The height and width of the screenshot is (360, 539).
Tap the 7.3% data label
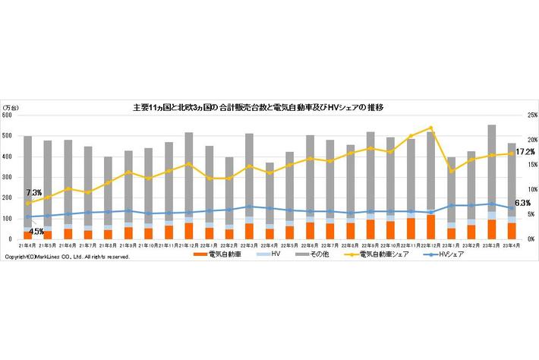click(33, 193)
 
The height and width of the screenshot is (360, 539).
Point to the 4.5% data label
click(36, 231)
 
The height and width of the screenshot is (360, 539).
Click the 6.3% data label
click(522, 203)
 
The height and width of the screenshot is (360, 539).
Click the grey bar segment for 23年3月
click(491, 167)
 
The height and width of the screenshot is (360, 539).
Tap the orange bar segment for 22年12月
click(431, 227)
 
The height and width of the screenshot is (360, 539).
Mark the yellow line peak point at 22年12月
click(431, 128)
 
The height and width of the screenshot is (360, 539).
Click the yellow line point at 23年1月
click(452, 171)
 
